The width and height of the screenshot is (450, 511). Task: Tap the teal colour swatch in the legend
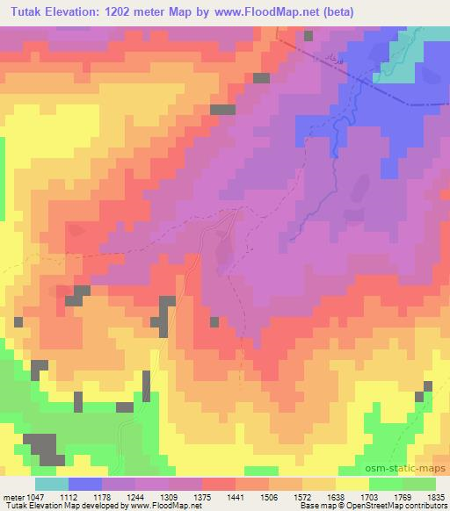click(x=51, y=484)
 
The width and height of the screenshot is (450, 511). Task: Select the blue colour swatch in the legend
click(x=84, y=484)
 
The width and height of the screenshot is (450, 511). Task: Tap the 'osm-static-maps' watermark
click(x=410, y=470)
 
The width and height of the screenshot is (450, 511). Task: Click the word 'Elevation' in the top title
click(x=81, y=12)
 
